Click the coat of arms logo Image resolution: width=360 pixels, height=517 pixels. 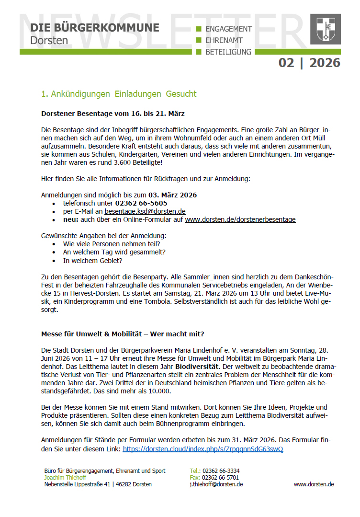click(326, 29)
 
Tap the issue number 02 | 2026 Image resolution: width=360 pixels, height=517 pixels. click(309, 63)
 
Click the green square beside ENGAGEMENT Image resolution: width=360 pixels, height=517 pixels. click(199, 29)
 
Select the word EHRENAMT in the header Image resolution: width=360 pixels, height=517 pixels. click(224, 40)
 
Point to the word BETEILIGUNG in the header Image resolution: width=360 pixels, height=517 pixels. click(228, 52)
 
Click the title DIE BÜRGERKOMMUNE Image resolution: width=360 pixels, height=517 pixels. click(94, 27)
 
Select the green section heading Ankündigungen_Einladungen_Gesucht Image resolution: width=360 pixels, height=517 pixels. click(119, 94)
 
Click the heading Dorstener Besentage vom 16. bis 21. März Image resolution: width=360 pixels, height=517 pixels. click(113, 114)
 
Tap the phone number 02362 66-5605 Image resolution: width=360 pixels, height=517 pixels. click(141, 203)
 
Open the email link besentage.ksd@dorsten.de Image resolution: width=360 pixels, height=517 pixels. click(145, 211)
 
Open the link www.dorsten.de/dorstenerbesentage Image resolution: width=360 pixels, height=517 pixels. click(240, 219)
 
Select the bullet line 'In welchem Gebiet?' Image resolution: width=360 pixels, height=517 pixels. click(92, 261)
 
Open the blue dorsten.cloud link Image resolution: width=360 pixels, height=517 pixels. click(203, 449)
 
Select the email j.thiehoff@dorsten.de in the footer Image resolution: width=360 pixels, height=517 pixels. click(216, 484)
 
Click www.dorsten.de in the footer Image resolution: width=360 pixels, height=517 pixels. click(314, 484)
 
